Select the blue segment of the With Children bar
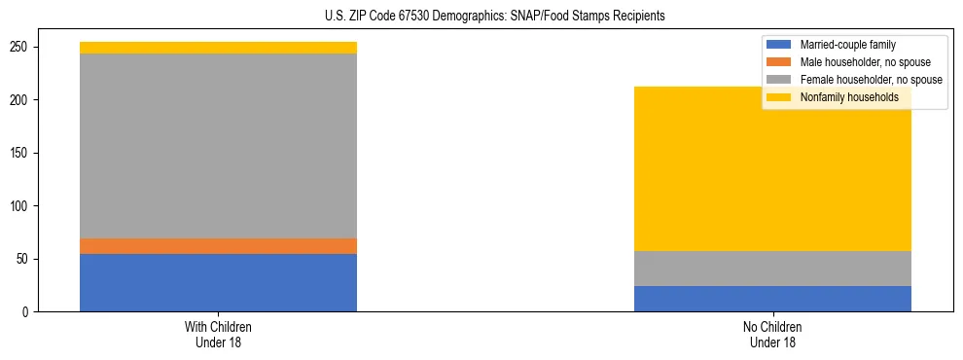click(218, 282)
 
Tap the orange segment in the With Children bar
click(218, 245)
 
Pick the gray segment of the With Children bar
click(218, 146)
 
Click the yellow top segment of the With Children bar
click(218, 48)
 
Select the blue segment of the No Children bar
click(772, 299)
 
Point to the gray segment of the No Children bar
click(772, 269)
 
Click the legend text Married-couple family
click(847, 45)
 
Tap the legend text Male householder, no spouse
click(865, 62)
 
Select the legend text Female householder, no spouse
click(871, 80)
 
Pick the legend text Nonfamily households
click(849, 97)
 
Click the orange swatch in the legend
click(779, 62)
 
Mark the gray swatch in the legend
click(779, 80)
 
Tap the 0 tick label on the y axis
click(29, 312)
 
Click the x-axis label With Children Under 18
click(218, 334)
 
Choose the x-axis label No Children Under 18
click(772, 334)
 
